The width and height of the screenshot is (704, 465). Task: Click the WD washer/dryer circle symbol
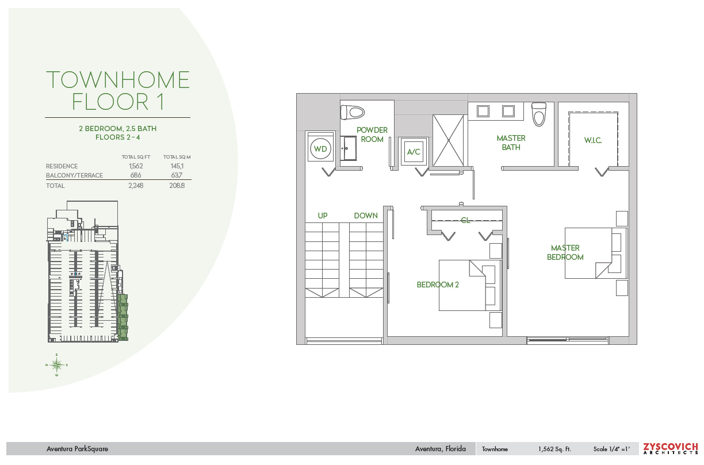pyautogui.click(x=320, y=149)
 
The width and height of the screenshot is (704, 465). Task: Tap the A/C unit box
pyautogui.click(x=414, y=152)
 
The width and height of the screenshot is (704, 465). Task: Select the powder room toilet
pyautogui.click(x=353, y=112)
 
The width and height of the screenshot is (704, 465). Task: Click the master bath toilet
pyautogui.click(x=539, y=114)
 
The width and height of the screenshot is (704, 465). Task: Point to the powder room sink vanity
pyautogui.click(x=349, y=148)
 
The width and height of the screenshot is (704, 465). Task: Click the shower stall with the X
pyautogui.click(x=449, y=140)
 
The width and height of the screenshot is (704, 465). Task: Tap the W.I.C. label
pyautogui.click(x=593, y=140)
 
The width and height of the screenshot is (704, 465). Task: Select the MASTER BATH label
pyautogui.click(x=511, y=143)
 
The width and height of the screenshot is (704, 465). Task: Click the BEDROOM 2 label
pyautogui.click(x=438, y=285)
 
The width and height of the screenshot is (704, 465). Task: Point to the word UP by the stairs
pyautogui.click(x=323, y=216)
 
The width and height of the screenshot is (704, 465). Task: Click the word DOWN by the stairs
pyautogui.click(x=366, y=216)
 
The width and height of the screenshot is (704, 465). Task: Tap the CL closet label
pyautogui.click(x=465, y=220)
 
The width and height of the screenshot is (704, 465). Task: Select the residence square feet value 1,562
pyautogui.click(x=136, y=166)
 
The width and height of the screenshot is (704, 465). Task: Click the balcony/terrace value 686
pyautogui.click(x=136, y=175)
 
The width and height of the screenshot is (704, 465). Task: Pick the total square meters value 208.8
pyautogui.click(x=177, y=186)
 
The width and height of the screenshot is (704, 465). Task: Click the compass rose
pyautogui.click(x=57, y=365)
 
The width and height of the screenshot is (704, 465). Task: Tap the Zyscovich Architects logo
pyautogui.click(x=671, y=449)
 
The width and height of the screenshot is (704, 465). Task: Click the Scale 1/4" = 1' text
pyautogui.click(x=611, y=449)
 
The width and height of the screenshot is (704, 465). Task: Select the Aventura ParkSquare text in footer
pyautogui.click(x=77, y=449)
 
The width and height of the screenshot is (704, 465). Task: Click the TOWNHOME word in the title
pyautogui.click(x=118, y=80)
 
